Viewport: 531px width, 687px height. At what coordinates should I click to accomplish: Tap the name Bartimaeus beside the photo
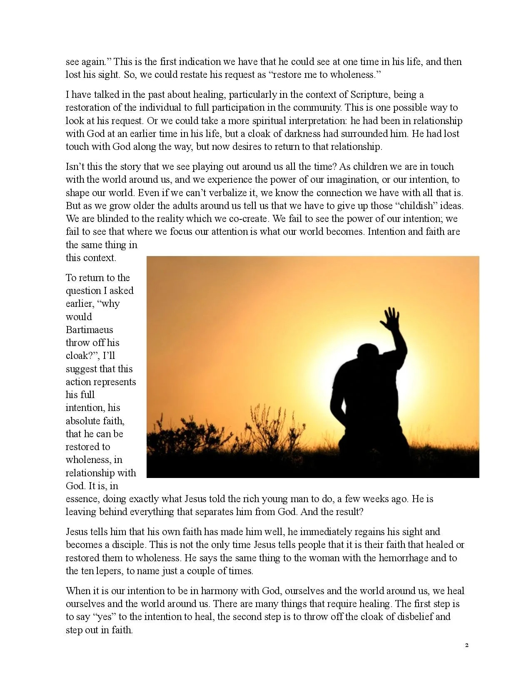(x=89, y=330)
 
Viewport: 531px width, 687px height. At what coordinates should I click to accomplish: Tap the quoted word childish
(x=416, y=206)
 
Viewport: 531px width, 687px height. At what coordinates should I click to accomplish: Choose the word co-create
(x=246, y=219)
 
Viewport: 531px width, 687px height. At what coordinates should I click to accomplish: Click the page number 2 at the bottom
(x=466, y=645)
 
